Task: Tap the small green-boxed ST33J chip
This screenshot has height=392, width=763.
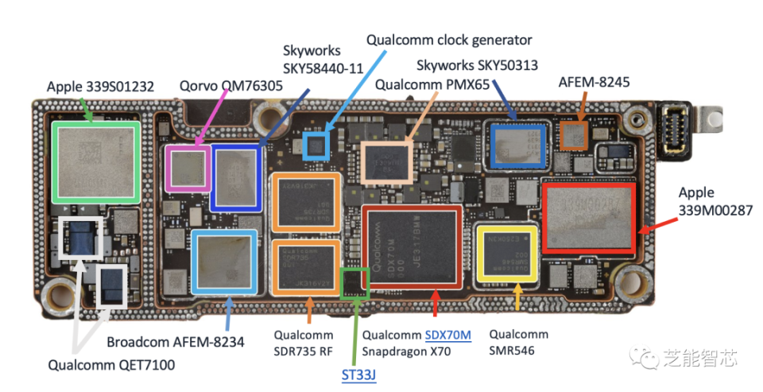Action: point(354,283)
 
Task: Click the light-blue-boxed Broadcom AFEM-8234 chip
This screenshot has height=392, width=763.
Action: point(224,260)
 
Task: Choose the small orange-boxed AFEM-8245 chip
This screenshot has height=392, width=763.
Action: point(574,134)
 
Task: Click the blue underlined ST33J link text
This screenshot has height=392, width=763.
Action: point(358,374)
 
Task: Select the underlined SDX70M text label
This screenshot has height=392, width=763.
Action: point(448,335)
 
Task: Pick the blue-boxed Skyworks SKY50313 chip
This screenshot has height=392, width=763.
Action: point(517,146)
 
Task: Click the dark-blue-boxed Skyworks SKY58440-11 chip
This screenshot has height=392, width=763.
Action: point(236,177)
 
